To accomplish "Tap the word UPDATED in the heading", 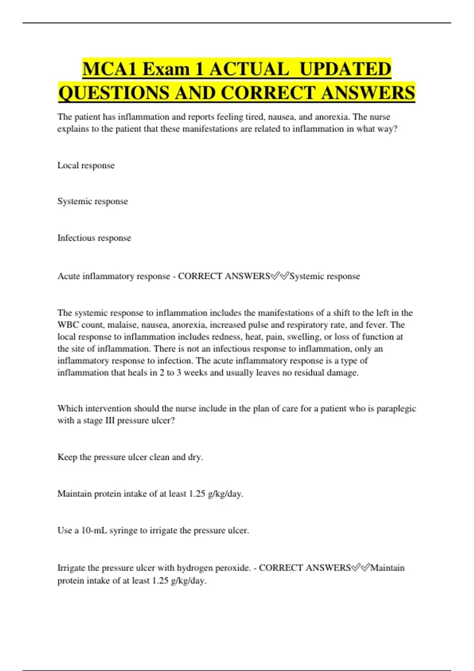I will (345, 69).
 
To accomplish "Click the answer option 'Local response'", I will (86, 165).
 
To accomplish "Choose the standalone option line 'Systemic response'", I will (92, 201).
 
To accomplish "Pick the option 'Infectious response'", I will (94, 238).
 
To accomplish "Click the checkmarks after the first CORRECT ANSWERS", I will (280, 276).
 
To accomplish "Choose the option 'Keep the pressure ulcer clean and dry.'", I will (130, 457).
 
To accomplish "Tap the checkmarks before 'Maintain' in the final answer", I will (360, 568).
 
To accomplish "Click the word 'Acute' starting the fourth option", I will (68, 276).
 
